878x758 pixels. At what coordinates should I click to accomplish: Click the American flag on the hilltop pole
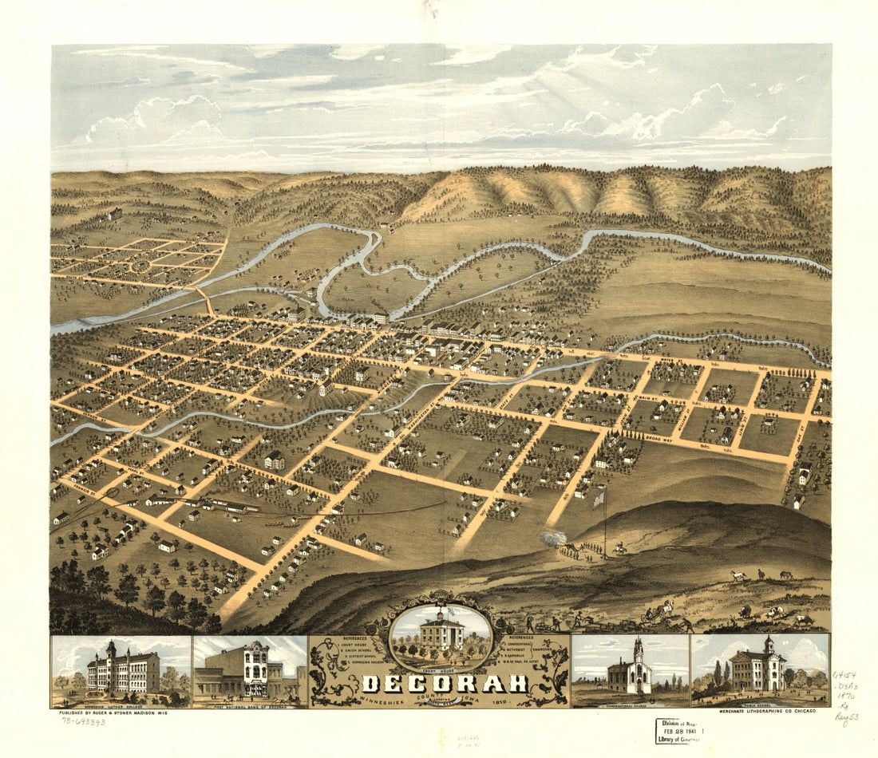[599, 499]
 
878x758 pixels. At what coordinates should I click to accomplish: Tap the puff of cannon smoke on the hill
[551, 539]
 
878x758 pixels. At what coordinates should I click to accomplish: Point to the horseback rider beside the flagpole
[618, 550]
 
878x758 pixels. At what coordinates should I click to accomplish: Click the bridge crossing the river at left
[204, 300]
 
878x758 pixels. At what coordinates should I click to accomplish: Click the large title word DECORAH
[445, 683]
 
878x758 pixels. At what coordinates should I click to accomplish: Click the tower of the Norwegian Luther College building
[112, 649]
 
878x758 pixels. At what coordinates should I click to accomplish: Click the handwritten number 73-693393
[83, 721]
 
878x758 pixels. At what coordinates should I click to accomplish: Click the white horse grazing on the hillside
[736, 575]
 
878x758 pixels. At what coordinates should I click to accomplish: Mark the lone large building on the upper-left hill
[115, 214]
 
